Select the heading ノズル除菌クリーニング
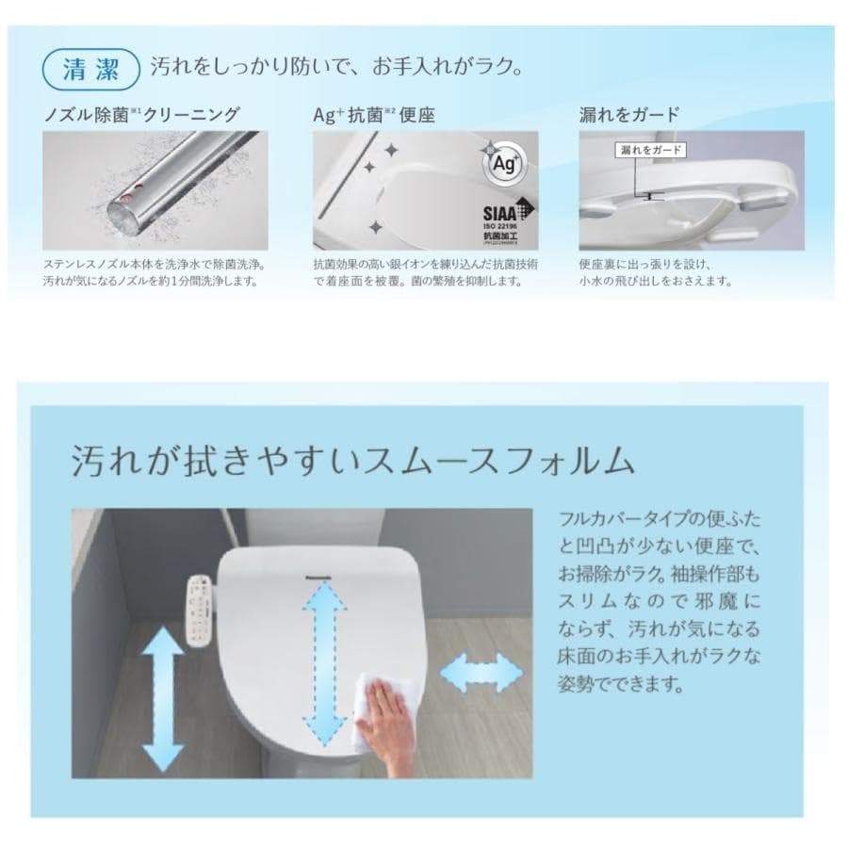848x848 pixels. point(141,115)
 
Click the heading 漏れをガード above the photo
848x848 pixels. point(628,115)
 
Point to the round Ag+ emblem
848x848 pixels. point(502,162)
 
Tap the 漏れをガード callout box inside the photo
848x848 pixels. point(649,150)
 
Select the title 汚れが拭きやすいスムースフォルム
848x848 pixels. point(352,461)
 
